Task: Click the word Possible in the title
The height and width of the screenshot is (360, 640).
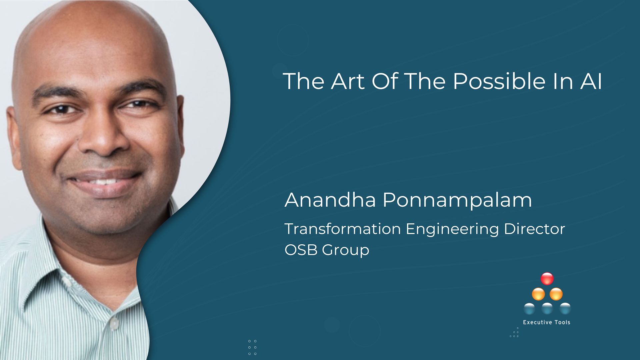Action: tap(499, 81)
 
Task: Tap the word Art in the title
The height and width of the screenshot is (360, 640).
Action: tap(348, 81)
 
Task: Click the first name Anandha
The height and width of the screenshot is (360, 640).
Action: tap(330, 200)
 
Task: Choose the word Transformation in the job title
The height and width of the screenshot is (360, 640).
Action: tap(343, 229)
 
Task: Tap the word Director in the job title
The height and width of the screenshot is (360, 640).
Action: tap(534, 229)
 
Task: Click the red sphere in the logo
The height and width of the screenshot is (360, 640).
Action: tap(547, 279)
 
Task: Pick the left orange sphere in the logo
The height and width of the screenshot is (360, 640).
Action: tap(538, 294)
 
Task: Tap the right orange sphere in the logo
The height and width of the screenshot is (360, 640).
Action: tap(556, 294)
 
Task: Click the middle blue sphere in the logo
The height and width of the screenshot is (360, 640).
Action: tap(547, 309)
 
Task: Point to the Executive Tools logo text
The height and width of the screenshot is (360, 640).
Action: tap(547, 322)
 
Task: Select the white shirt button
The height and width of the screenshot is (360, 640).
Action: tap(114, 323)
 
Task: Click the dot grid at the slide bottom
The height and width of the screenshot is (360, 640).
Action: tap(252, 347)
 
